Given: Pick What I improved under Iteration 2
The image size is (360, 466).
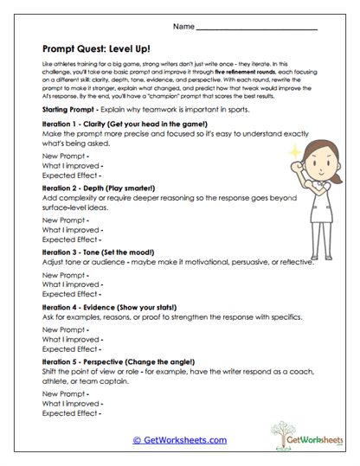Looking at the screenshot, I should click(x=73, y=229).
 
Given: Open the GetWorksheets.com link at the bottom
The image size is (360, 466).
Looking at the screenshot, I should click(x=179, y=440).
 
